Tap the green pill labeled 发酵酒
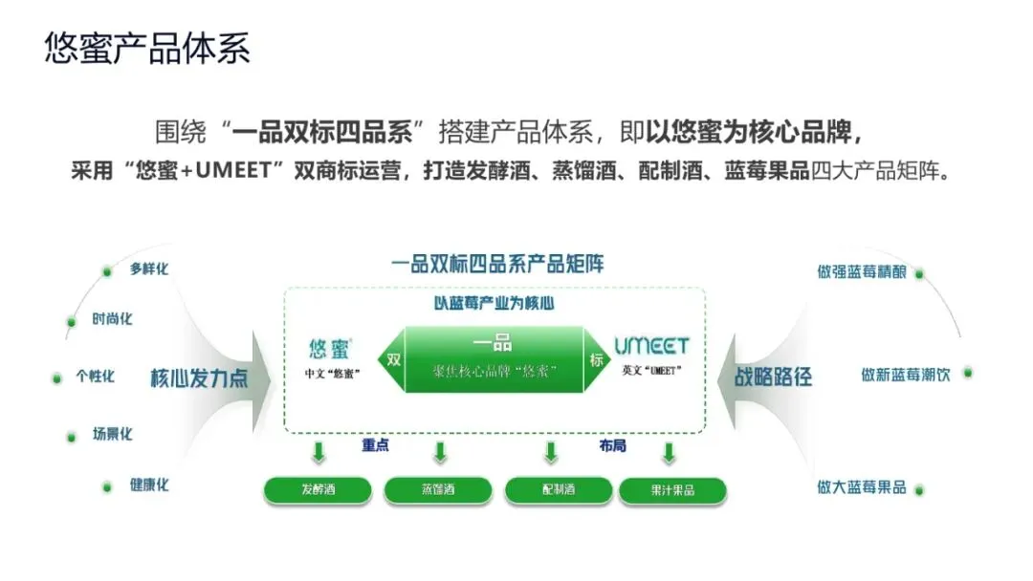[x=318, y=490]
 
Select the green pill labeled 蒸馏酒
[x=438, y=490]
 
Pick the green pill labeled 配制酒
[x=559, y=490]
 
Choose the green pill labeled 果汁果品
[x=672, y=491]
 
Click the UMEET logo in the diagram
[x=650, y=346]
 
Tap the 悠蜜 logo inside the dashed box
[x=331, y=348]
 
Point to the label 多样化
[x=149, y=269]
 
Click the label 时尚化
[x=112, y=319]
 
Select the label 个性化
[x=96, y=377]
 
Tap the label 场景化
[x=112, y=434]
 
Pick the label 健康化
[x=149, y=484]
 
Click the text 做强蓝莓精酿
[x=861, y=271]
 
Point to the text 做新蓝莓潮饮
[x=905, y=375]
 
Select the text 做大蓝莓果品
[x=861, y=487]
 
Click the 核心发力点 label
[x=199, y=377]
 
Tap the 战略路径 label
[x=773, y=377]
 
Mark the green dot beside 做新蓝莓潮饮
[x=968, y=372]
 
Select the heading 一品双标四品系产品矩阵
[x=497, y=264]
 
